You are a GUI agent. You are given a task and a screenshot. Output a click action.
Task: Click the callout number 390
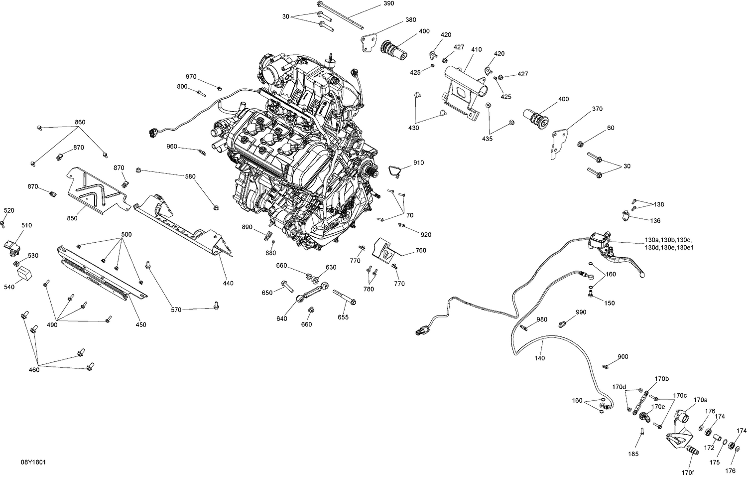[388, 3]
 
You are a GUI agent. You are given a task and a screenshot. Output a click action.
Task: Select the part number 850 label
[72, 218]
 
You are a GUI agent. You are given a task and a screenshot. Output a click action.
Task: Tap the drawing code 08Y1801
[34, 463]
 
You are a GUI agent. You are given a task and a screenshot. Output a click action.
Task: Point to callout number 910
[418, 163]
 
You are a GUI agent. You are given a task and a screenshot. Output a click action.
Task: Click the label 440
[228, 283]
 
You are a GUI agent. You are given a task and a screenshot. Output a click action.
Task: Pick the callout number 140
[539, 358]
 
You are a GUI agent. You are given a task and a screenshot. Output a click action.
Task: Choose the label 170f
[688, 472]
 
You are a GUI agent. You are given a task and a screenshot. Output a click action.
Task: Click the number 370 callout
[597, 109]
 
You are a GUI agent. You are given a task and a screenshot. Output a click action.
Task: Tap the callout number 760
[421, 251]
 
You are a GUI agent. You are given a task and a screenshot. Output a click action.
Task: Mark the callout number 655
[343, 317]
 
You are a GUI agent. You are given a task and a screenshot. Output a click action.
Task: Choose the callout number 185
[633, 454]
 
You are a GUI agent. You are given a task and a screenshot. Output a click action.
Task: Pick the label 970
[191, 77]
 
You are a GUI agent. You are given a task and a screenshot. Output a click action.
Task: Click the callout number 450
[141, 324]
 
